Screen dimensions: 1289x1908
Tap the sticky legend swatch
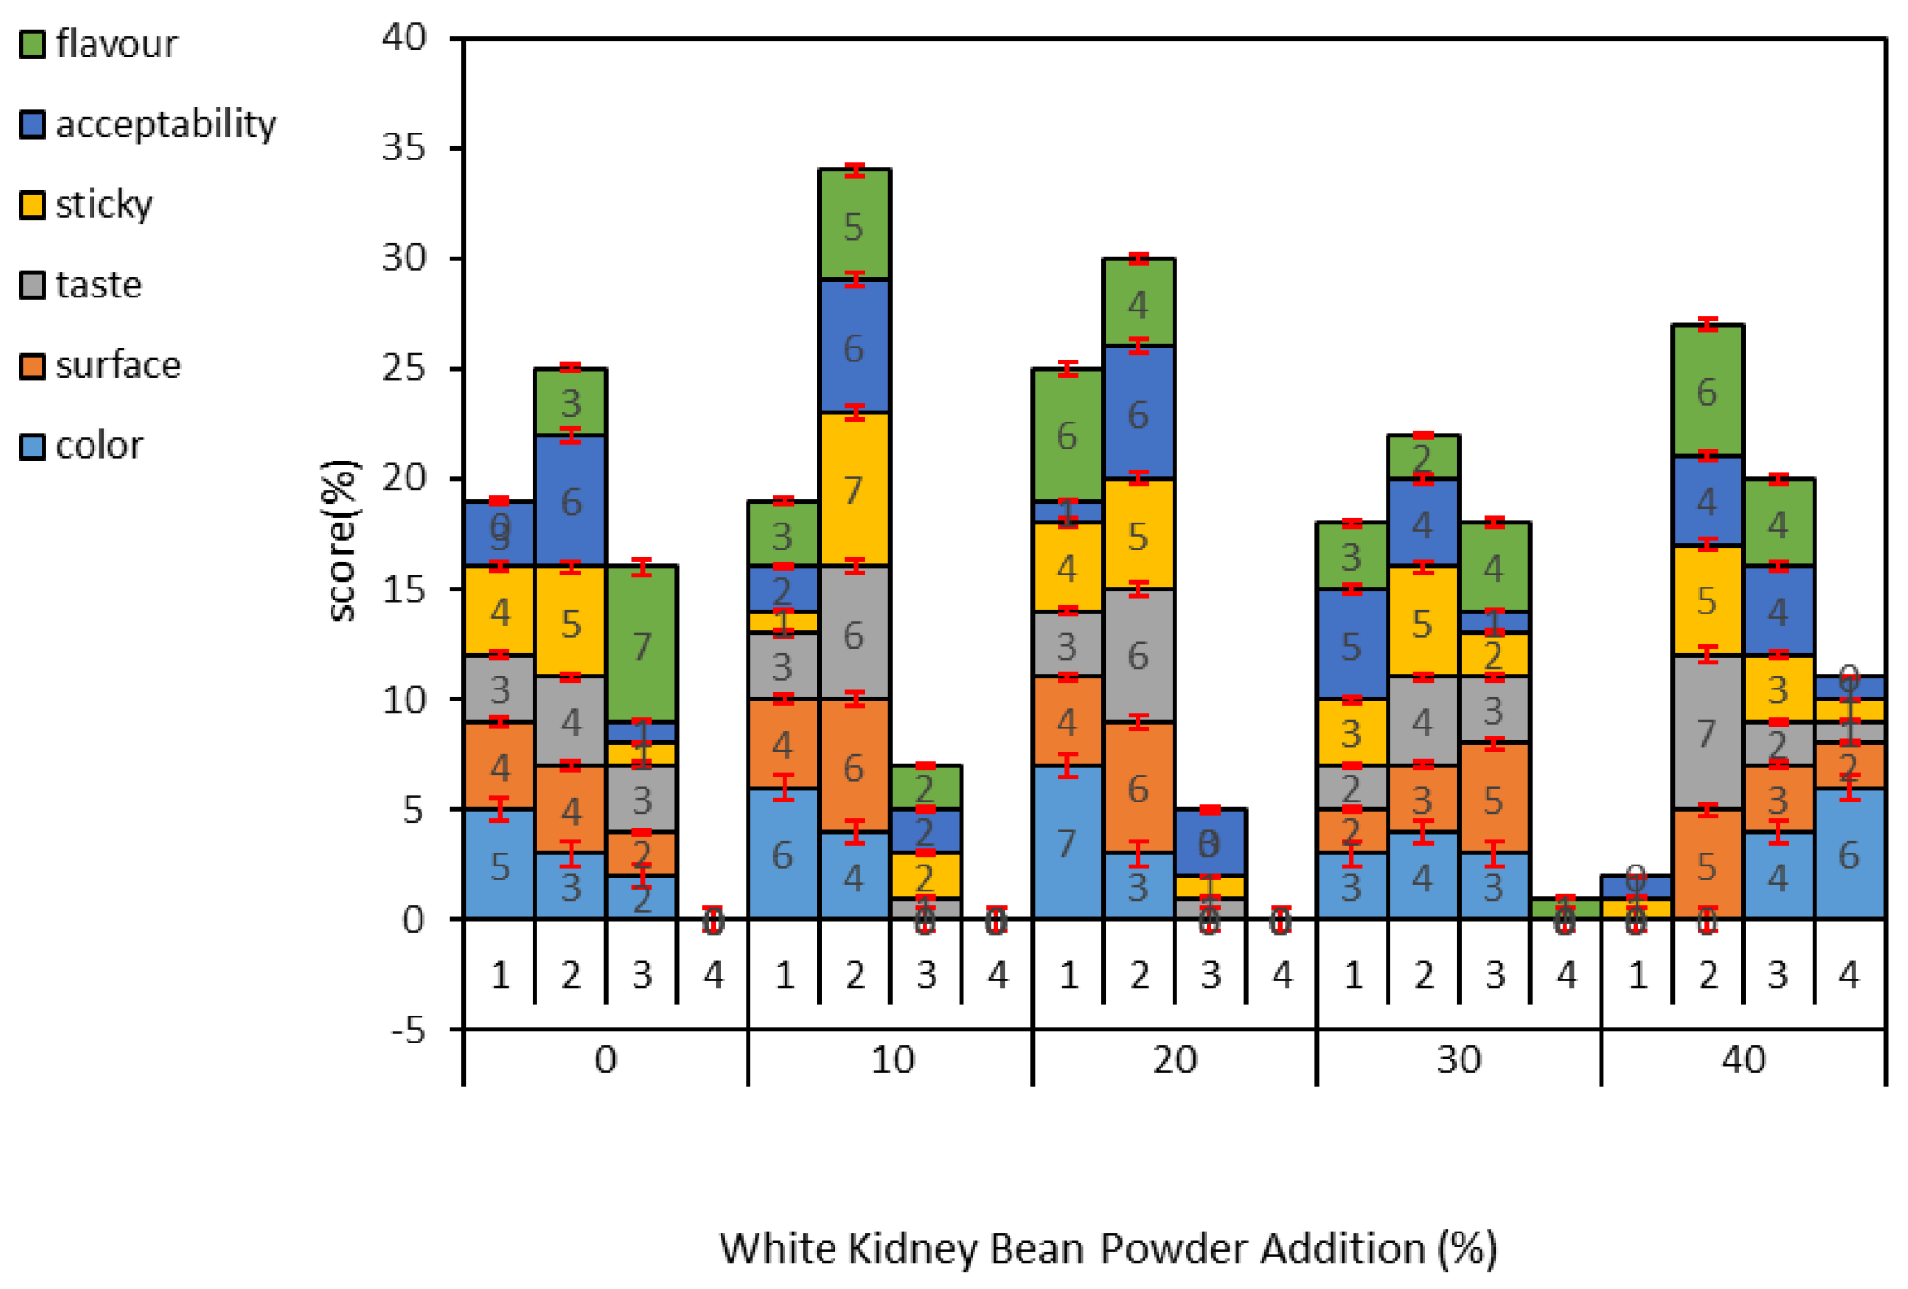[32, 205]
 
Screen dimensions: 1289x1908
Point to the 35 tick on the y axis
[405, 147]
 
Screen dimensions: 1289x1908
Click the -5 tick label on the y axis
[408, 1030]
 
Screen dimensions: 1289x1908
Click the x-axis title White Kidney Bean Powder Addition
[1108, 1248]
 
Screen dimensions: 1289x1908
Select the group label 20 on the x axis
[1174, 1059]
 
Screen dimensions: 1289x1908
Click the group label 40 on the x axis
[1743, 1059]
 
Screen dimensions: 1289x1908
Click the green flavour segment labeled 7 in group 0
[642, 644]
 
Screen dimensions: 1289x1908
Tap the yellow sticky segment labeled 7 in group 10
[854, 489]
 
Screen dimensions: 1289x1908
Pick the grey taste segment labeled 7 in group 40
[1707, 733]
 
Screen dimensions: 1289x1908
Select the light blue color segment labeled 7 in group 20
[1067, 841]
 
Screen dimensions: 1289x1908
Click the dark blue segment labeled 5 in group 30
[1351, 644]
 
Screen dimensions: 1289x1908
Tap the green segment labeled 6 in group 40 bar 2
[1707, 390]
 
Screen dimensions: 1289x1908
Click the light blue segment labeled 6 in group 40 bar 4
[1849, 853]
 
